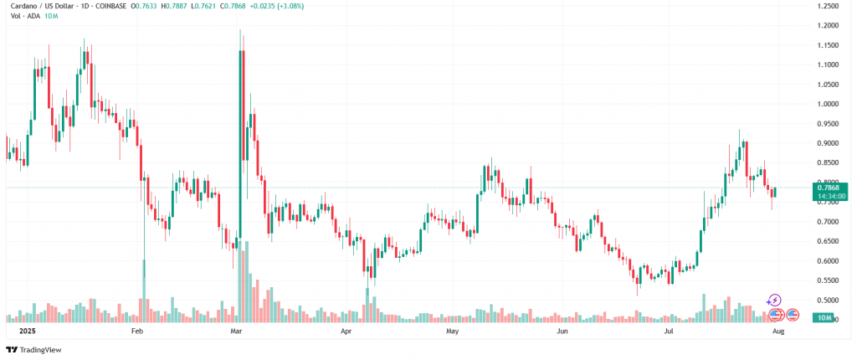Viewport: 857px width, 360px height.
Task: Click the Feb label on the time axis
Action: (138, 332)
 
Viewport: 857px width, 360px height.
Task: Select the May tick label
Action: (453, 332)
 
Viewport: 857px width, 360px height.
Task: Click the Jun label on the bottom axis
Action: (563, 332)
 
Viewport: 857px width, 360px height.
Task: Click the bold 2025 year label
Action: (17, 332)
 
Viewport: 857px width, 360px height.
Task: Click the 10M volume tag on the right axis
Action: (825, 319)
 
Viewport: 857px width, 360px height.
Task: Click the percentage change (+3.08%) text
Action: (290, 6)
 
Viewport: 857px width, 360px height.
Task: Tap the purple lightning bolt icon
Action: (774, 300)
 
